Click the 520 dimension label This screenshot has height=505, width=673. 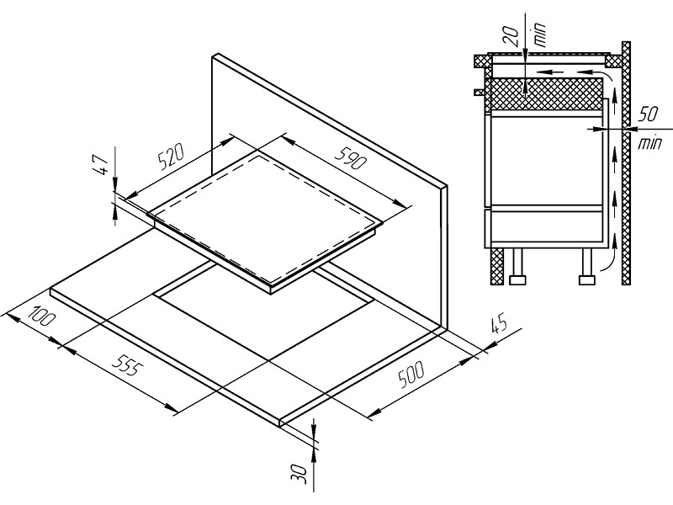click(x=172, y=157)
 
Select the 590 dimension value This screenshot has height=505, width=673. click(x=351, y=157)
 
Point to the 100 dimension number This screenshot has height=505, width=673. click(x=42, y=316)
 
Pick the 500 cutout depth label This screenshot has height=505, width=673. click(x=411, y=374)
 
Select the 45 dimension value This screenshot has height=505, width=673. click(x=499, y=324)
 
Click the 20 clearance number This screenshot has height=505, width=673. click(x=511, y=36)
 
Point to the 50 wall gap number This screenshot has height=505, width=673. click(x=648, y=114)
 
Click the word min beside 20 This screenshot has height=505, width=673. click(x=539, y=34)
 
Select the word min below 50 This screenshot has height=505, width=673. click(x=649, y=142)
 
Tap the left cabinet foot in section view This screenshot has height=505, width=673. click(x=517, y=266)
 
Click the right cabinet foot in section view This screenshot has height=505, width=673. click(x=587, y=266)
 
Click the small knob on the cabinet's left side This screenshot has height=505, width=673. click(x=480, y=92)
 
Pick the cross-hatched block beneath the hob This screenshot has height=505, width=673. click(x=543, y=93)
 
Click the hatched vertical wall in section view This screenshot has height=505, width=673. click(x=626, y=162)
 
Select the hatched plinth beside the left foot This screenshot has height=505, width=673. click(x=497, y=266)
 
